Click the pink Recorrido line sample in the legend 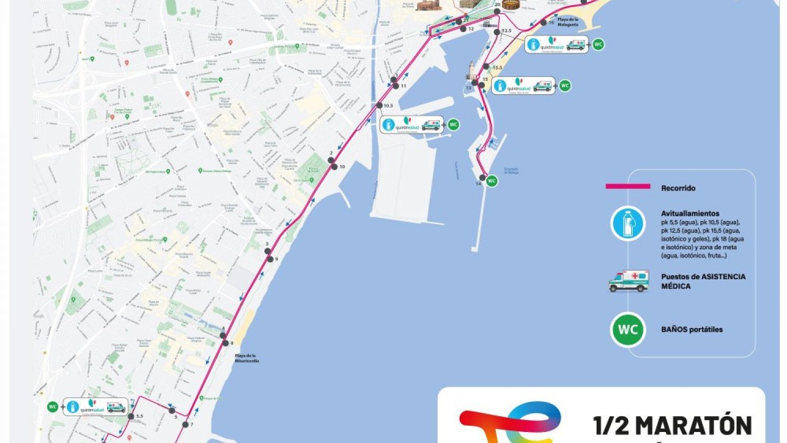[x=628, y=186]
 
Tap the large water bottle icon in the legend [x=628, y=224]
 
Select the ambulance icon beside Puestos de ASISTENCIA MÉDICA [x=629, y=281]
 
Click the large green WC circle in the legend [x=628, y=330]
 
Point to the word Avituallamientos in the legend [x=690, y=214]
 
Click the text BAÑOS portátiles [x=692, y=330]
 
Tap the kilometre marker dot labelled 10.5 [x=379, y=106]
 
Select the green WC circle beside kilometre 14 [x=492, y=181]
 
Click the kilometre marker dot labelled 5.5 [x=131, y=416]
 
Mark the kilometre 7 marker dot [x=185, y=424]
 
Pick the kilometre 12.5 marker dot [x=497, y=31]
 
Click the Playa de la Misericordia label [x=247, y=358]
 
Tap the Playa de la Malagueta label [x=568, y=22]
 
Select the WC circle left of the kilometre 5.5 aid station [x=52, y=407]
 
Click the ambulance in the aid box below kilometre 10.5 [x=431, y=125]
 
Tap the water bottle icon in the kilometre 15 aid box [x=501, y=86]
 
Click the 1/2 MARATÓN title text [x=673, y=426]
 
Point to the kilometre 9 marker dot [x=270, y=259]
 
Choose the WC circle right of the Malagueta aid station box [x=598, y=45]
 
